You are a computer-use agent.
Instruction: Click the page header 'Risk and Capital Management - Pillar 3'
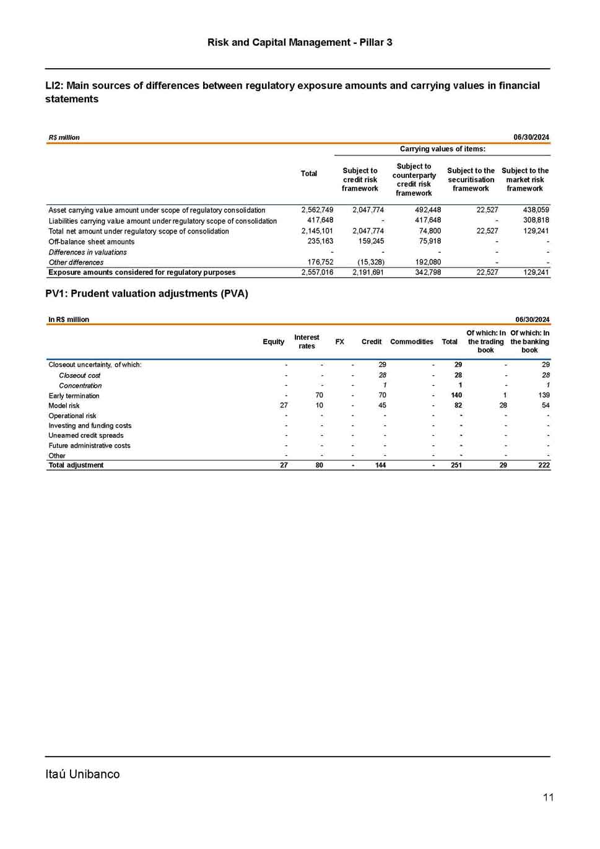pyautogui.click(x=300, y=42)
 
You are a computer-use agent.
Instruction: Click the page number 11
pyautogui.click(x=548, y=797)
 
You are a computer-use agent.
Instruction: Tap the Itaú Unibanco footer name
pyautogui.click(x=82, y=774)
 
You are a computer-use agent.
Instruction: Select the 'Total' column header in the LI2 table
pyautogui.click(x=309, y=174)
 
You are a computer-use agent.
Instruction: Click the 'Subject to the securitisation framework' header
pyautogui.click(x=471, y=180)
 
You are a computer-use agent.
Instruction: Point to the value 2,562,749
pyautogui.click(x=317, y=210)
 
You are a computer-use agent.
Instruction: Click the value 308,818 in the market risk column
pyautogui.click(x=536, y=220)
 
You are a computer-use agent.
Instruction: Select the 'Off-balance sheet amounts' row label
pyautogui.click(x=92, y=242)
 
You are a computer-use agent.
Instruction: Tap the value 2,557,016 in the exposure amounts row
pyautogui.click(x=317, y=272)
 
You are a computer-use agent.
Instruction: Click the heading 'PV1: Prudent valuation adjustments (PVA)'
pyautogui.click(x=147, y=294)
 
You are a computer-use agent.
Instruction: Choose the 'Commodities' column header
pyautogui.click(x=412, y=342)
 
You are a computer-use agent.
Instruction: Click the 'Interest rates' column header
pyautogui.click(x=307, y=342)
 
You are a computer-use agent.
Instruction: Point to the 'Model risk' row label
pyautogui.click(x=64, y=406)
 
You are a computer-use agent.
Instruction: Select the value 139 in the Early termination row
pyautogui.click(x=544, y=395)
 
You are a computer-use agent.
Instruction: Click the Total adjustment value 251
pyautogui.click(x=456, y=465)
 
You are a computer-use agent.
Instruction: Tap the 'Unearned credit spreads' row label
pyautogui.click(x=86, y=435)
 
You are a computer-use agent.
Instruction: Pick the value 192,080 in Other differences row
pyautogui.click(x=428, y=262)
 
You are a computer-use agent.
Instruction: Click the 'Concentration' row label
pyautogui.click(x=80, y=385)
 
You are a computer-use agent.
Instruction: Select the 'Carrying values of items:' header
pyautogui.click(x=442, y=149)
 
